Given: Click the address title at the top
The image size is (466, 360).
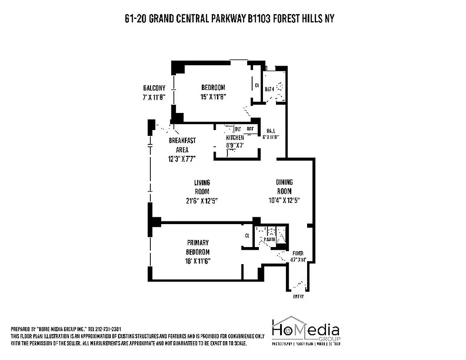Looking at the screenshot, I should point(230,19).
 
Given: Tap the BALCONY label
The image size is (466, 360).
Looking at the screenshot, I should point(154,88).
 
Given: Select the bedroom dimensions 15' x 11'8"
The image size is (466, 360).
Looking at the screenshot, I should point(213,96).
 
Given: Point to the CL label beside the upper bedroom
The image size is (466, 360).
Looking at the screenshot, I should point(257,85).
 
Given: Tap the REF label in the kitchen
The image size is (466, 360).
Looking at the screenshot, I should point(250,129).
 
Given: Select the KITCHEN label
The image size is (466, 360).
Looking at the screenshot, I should point(235,138).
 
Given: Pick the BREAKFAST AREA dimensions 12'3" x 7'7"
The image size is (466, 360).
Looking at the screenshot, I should point(182,158).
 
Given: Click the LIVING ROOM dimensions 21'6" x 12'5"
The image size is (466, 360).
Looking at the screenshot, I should point(202,200).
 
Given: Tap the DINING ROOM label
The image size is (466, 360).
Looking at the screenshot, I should point(284,187).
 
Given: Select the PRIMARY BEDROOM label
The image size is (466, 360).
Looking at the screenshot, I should point(198,247).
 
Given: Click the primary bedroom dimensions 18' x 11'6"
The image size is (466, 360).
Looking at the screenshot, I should point(198,260).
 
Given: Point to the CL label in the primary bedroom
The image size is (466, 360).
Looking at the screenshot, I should point(247,235).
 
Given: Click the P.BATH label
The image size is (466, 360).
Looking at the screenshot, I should point(270,240).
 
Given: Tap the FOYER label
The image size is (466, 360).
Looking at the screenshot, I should point(299,253).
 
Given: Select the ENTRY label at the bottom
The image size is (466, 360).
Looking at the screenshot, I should point(298,297).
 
